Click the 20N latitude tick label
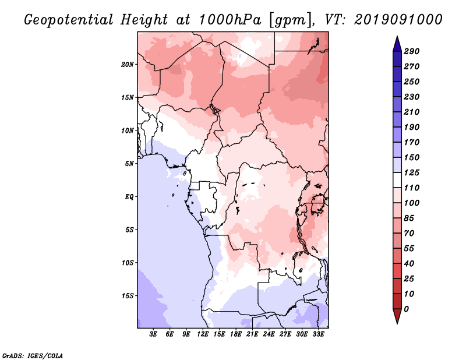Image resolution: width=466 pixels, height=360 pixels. click(x=128, y=65)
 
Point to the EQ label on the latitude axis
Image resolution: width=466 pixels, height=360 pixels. click(x=129, y=197)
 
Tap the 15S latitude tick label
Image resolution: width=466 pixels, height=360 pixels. click(x=128, y=296)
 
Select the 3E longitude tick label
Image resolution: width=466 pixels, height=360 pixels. click(x=153, y=334)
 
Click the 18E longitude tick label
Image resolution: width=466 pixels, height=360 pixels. click(x=236, y=334)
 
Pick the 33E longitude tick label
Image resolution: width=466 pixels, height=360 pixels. click(x=318, y=334)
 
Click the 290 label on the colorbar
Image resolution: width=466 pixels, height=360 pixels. click(x=411, y=51)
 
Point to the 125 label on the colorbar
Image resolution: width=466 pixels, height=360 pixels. click(x=411, y=172)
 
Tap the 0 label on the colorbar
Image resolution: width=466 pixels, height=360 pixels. click(x=406, y=309)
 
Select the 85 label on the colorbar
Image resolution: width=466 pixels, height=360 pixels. click(x=409, y=218)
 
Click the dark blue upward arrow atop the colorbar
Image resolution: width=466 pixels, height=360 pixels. click(x=397, y=44)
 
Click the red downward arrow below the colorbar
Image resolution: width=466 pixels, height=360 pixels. click(x=397, y=316)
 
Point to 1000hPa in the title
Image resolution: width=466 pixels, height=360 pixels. click(x=230, y=20)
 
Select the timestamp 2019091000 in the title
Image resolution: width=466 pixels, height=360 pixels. click(x=398, y=20)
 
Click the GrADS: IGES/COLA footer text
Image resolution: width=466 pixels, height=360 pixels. click(x=33, y=356)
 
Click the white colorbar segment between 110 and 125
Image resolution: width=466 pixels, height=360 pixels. click(x=397, y=180)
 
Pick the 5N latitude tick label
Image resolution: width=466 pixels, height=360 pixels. click(x=129, y=164)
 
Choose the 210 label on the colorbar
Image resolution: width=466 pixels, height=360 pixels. click(x=411, y=112)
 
